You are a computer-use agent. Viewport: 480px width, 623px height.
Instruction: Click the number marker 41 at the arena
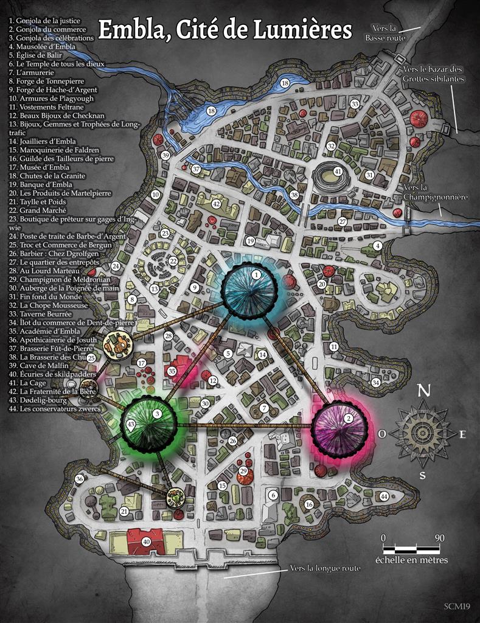(x=338, y=172)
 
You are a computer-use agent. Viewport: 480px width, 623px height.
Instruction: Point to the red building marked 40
(x=145, y=541)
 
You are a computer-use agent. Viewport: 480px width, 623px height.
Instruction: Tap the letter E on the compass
(x=462, y=434)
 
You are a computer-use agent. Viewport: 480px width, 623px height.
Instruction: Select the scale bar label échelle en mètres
(x=411, y=560)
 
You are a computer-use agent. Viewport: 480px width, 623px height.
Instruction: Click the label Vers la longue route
(x=325, y=568)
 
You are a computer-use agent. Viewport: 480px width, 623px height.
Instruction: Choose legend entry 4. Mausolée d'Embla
(x=43, y=46)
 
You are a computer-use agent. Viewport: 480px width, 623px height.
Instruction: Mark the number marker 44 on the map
(x=384, y=496)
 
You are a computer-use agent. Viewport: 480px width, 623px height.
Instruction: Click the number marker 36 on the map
(x=79, y=479)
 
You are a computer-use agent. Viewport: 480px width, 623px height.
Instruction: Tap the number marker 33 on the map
(x=355, y=104)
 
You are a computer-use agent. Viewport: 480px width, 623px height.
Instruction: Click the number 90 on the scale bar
(x=439, y=538)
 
